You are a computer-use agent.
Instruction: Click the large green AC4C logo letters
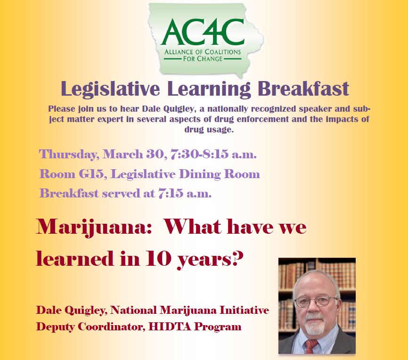point(203,32)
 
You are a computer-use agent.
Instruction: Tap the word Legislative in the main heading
point(110,89)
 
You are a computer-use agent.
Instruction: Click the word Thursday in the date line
point(69,154)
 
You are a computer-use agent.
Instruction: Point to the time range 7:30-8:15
point(199,154)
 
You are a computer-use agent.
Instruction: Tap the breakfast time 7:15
point(171,193)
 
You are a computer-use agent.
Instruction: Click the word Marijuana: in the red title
point(94,228)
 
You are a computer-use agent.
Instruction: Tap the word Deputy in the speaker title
point(56,327)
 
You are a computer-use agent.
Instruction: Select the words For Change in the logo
point(203,59)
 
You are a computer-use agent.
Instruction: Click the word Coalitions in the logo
point(221,52)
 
